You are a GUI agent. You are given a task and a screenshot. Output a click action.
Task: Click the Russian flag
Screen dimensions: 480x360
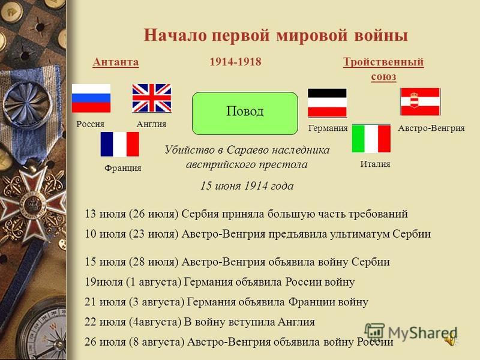tap(91, 98)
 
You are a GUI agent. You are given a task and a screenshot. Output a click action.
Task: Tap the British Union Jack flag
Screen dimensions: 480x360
tap(152, 98)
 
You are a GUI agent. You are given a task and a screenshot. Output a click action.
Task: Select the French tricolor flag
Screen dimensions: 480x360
tap(119, 144)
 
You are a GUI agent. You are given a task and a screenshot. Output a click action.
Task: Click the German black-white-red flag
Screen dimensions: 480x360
tap(327, 103)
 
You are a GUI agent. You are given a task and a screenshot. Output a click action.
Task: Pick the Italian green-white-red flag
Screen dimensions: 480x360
tap(371, 139)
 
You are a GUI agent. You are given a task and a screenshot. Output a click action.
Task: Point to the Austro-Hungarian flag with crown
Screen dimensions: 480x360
tap(421, 101)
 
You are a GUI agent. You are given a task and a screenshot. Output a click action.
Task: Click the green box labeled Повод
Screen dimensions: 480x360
tap(245, 113)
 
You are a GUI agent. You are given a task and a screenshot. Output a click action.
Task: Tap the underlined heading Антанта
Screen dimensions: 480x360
tap(116, 62)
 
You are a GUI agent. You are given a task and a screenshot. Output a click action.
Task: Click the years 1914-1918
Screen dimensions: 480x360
tap(235, 62)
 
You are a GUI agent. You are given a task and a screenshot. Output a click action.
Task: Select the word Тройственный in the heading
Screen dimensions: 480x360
tap(383, 62)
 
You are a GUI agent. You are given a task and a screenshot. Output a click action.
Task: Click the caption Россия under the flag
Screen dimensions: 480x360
tap(91, 124)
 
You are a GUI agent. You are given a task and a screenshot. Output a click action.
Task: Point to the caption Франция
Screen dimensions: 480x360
tap(123, 168)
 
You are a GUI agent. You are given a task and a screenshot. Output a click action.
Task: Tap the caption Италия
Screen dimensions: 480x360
tap(376, 164)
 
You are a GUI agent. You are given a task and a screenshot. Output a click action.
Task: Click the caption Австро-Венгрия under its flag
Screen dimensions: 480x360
tap(431, 128)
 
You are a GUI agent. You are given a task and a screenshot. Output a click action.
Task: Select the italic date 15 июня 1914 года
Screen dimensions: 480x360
tap(247, 185)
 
